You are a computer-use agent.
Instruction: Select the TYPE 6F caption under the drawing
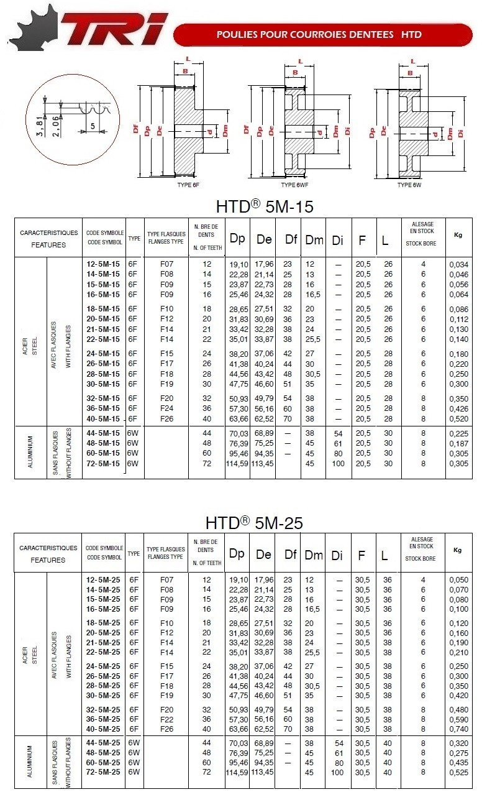[x=188, y=185]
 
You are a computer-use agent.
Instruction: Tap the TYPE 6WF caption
[x=296, y=185]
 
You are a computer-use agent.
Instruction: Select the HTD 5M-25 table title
[x=255, y=523]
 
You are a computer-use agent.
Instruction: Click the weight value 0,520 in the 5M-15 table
[x=458, y=418]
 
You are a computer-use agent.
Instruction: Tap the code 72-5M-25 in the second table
[x=104, y=772]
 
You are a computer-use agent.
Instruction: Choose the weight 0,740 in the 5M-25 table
[x=458, y=729]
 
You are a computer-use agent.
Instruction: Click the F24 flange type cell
[x=166, y=408]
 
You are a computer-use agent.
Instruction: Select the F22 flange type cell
[x=166, y=719]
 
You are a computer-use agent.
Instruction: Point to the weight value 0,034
[x=458, y=264]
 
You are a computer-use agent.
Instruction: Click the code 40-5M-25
[x=104, y=729]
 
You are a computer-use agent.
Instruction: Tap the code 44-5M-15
[x=104, y=433]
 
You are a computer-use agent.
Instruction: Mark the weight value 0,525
[x=458, y=772]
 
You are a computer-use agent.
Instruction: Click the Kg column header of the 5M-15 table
[x=458, y=235]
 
